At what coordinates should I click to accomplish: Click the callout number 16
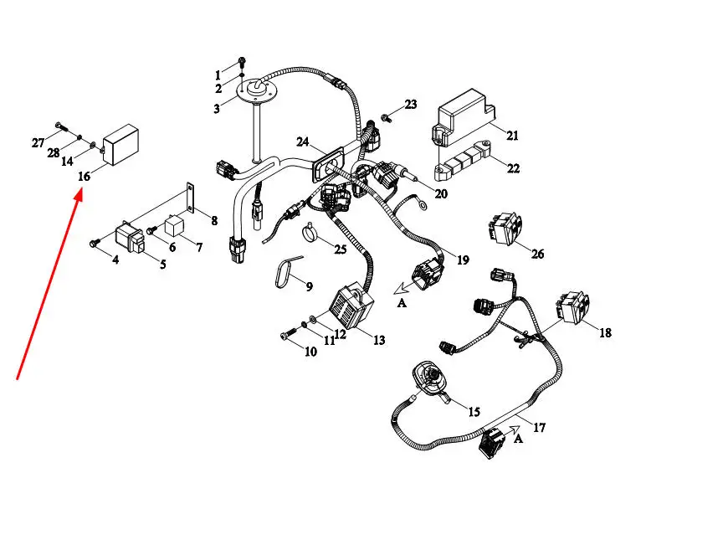pos(84,177)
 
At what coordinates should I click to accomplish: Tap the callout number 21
pos(512,136)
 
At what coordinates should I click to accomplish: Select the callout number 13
pos(379,341)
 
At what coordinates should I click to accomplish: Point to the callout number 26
pos(538,254)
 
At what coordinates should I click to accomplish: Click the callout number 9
pos(310,286)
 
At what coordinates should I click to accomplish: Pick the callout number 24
pos(303,141)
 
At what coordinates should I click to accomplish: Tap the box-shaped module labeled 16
pos(120,145)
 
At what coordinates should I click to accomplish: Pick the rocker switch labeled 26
pos(505,228)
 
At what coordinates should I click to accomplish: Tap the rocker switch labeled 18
pos(573,306)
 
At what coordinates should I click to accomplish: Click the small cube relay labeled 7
pos(175,225)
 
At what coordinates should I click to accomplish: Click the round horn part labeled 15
pos(431,379)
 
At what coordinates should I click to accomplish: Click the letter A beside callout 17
pos(518,439)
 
